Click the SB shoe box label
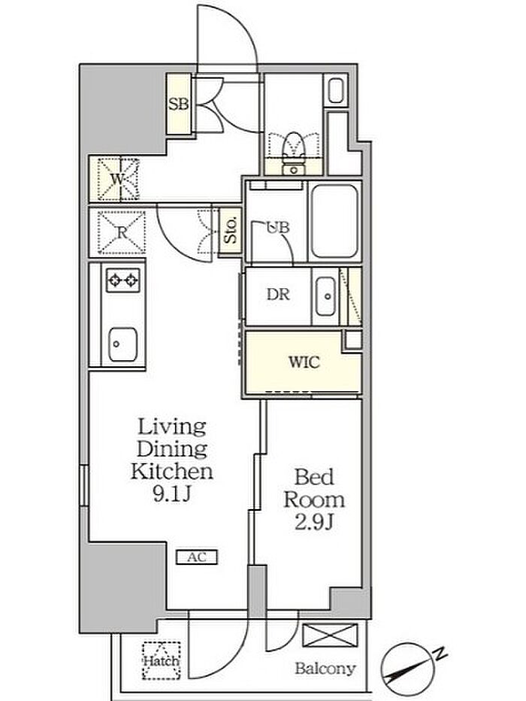(178, 105)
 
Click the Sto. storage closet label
(231, 232)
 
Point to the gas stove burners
(122, 281)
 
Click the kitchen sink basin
(122, 344)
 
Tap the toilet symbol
(294, 151)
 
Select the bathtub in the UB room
(334, 221)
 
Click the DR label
(278, 294)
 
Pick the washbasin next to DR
(325, 296)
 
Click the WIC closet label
(304, 362)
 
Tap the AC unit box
(196, 557)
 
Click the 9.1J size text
(172, 494)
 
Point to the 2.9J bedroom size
(314, 522)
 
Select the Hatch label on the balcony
(162, 660)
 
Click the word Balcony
(325, 669)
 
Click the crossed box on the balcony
(330, 636)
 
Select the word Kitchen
(172, 471)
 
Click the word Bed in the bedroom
(314, 477)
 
